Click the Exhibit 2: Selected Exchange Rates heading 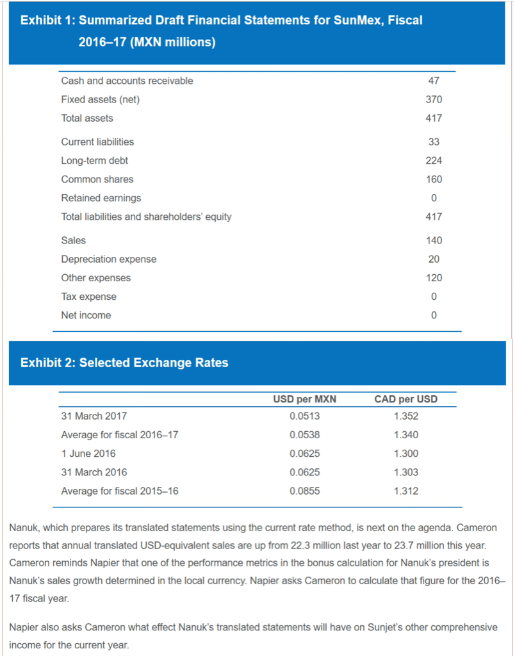click(124, 363)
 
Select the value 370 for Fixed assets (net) click(434, 99)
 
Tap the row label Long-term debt click(94, 160)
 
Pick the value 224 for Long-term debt click(434, 160)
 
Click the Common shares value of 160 click(434, 179)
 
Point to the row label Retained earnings click(101, 198)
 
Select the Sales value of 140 click(434, 240)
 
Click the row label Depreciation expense click(108, 259)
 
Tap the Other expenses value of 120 click(434, 278)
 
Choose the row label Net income click(86, 315)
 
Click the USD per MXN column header click(304, 399)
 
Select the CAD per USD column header click(406, 399)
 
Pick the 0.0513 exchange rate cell click(304, 416)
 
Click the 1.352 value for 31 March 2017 click(406, 416)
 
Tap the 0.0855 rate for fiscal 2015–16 click(304, 491)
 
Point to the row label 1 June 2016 click(88, 454)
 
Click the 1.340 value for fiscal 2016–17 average click(406, 435)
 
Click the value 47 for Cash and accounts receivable click(434, 81)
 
